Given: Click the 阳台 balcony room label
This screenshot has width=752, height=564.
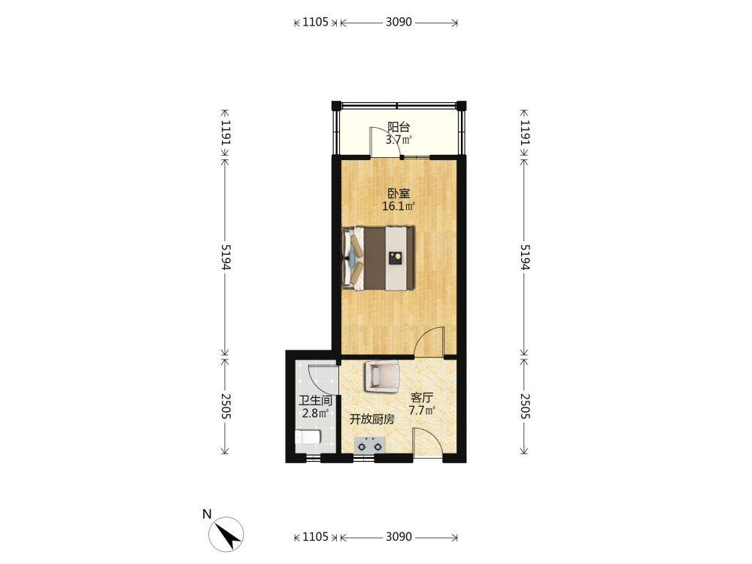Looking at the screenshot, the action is tap(399, 127).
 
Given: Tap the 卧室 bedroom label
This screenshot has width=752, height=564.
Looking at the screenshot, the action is tap(399, 194).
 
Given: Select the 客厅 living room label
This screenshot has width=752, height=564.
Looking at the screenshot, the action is tap(422, 398).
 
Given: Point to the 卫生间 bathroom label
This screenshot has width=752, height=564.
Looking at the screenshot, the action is tap(315, 401).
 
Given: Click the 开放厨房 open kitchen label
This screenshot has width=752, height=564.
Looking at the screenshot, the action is tap(371, 419).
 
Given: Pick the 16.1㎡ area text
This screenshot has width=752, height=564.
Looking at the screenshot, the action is tap(398, 207).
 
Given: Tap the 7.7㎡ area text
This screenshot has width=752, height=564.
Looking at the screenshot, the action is tap(422, 411).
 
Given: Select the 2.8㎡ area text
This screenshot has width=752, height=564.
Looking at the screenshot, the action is tap(315, 413).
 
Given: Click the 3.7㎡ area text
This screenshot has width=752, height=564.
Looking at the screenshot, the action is tap(399, 140).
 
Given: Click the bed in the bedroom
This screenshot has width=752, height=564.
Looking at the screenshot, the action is tap(378, 259).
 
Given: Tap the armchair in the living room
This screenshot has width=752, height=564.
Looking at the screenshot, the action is tap(382, 376).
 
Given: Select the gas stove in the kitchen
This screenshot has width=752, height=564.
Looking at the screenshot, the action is tap(370, 445).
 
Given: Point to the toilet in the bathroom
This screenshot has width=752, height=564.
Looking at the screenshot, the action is tap(308, 437).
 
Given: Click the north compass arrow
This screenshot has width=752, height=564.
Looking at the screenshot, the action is tap(226, 534).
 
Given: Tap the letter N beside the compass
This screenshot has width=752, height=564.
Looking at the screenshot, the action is tap(207, 514).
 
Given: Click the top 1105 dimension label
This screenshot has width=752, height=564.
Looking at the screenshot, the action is tap(315, 22).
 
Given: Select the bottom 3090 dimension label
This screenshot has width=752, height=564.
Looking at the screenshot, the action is tap(399, 537).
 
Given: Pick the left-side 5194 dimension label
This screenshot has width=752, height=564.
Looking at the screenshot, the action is tap(226, 257).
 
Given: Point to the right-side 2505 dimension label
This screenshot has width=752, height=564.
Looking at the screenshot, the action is tap(525, 406).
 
